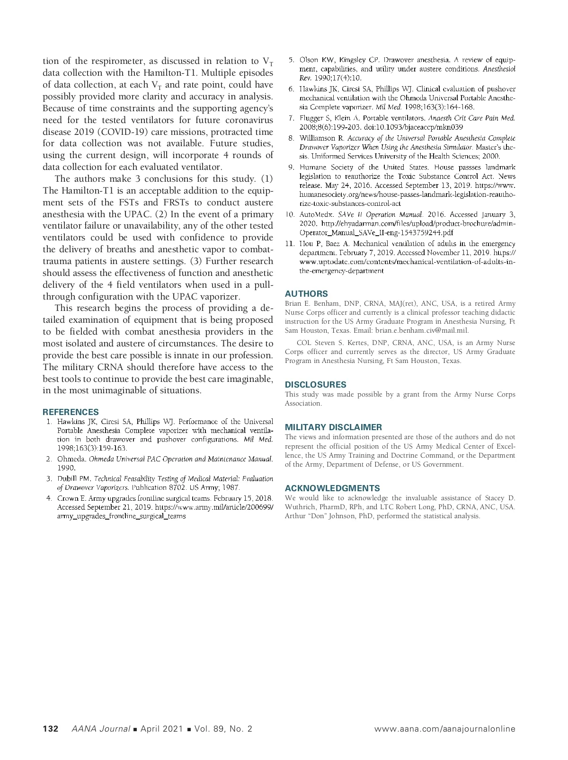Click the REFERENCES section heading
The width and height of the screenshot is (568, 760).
71,412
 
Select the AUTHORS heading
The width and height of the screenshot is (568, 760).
306,293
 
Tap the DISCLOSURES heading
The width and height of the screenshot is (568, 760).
315,384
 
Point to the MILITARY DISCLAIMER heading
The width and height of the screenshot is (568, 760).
333,427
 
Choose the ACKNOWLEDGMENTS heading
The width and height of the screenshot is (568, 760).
332,488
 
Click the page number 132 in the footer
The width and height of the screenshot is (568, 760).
51,729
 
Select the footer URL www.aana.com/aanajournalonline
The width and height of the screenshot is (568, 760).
444,729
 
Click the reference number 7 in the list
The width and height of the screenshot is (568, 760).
292,118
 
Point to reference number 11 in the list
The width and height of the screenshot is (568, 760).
290,244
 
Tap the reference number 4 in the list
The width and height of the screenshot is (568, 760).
49,498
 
